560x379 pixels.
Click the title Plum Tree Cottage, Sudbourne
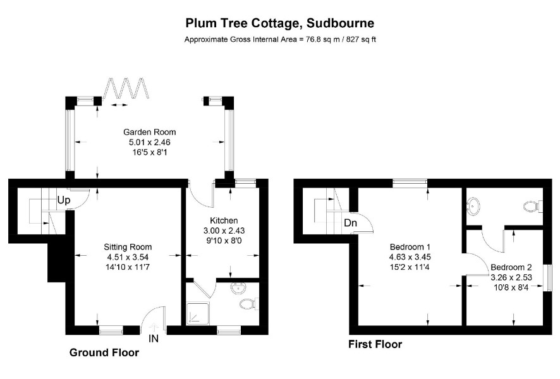click(279, 23)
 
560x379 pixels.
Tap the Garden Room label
click(149, 132)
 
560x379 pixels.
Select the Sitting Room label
click(128, 247)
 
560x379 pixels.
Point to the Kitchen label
click(224, 220)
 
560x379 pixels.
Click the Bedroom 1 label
click(410, 246)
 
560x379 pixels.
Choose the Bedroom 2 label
click(511, 267)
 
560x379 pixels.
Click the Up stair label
click(64, 201)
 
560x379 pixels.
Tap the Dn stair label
click(350, 224)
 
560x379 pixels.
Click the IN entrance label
click(153, 339)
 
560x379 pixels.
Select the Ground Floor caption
click(104, 352)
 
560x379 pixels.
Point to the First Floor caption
click(375, 344)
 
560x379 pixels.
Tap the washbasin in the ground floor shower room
click(238, 287)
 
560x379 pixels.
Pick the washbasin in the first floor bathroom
click(473, 206)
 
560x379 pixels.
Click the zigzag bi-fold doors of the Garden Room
click(126, 87)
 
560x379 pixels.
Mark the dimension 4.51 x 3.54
click(128, 257)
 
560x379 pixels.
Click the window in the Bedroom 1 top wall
click(410, 183)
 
